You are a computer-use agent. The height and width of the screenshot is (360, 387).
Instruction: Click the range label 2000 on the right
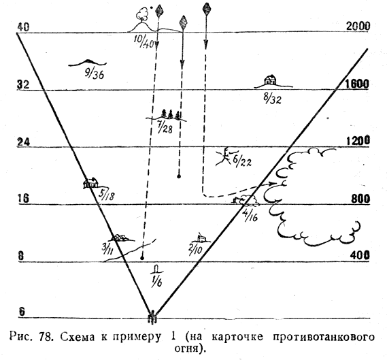[358, 26]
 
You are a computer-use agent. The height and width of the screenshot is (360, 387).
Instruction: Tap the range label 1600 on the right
[358, 84]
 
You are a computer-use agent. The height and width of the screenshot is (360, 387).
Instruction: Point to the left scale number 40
[23, 27]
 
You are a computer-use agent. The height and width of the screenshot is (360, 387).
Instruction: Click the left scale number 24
[23, 142]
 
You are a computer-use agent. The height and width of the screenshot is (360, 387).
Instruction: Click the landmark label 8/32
[272, 99]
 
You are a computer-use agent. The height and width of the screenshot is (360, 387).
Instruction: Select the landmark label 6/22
[242, 161]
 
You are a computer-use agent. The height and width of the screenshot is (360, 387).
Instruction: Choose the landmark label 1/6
[156, 279]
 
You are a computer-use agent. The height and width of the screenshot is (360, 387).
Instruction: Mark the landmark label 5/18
[107, 195]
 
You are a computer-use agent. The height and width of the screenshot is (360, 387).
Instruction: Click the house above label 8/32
[270, 80]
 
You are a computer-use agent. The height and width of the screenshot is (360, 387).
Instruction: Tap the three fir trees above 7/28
[171, 114]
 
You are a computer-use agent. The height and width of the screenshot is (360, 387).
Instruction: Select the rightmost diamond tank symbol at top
[206, 9]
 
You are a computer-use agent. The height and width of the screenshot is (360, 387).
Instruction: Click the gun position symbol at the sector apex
[152, 316]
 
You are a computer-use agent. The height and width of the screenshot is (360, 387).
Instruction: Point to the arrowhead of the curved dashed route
[273, 183]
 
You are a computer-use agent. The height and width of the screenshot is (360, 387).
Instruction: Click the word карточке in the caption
[237, 337]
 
